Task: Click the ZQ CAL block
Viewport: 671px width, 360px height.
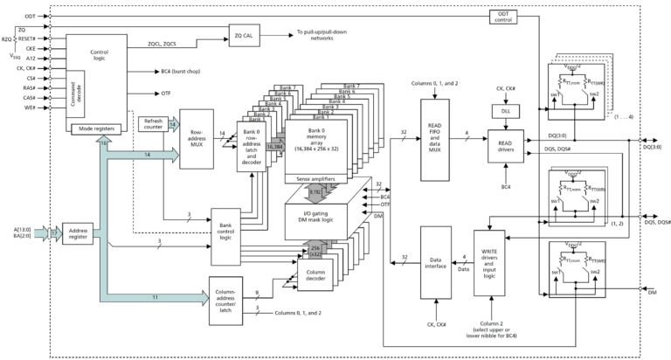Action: tap(247, 36)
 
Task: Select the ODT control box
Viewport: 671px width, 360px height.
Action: tap(503, 16)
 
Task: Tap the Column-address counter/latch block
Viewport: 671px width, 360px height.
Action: tap(225, 301)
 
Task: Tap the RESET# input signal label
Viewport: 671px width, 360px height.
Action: tap(26, 38)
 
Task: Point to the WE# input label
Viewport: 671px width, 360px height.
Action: tap(30, 107)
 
